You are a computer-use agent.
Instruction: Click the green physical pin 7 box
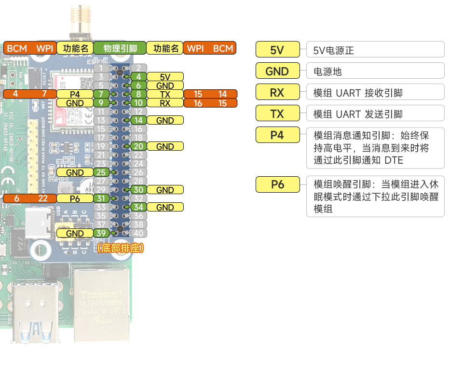(x=101, y=94)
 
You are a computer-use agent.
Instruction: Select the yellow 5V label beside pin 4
(x=165, y=77)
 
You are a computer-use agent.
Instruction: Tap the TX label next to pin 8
(x=165, y=94)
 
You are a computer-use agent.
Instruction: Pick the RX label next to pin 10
(x=165, y=103)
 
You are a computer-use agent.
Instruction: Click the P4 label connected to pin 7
(x=75, y=94)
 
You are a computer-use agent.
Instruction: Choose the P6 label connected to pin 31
(x=75, y=198)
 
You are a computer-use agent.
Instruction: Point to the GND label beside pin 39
(x=75, y=233)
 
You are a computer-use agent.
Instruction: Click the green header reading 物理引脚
(x=120, y=48)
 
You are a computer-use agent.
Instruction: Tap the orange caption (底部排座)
(x=120, y=249)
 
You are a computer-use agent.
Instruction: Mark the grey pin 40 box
(x=138, y=233)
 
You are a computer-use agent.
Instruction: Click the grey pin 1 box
(x=101, y=68)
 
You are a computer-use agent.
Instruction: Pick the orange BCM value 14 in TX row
(x=222, y=94)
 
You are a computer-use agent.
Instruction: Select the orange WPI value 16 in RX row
(x=198, y=103)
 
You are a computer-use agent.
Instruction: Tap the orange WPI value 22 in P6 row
(x=43, y=198)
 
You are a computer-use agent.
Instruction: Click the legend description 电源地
(x=327, y=71)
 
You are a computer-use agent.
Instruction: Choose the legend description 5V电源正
(x=333, y=50)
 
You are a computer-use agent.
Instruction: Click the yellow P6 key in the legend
(x=278, y=184)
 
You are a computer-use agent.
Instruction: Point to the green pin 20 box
(x=138, y=146)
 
